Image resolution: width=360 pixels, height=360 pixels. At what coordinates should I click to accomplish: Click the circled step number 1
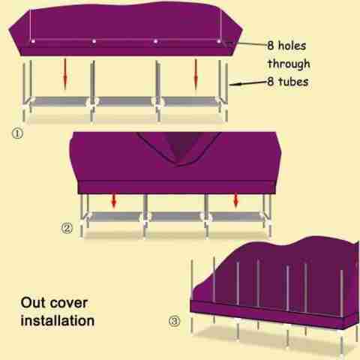(17, 133)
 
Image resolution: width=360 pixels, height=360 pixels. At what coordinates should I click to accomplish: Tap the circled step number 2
(67, 228)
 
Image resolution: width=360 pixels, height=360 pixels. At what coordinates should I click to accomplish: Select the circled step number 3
(174, 321)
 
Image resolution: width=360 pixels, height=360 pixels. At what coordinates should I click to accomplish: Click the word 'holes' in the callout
(292, 46)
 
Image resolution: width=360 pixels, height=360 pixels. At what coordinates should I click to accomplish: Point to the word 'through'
(289, 64)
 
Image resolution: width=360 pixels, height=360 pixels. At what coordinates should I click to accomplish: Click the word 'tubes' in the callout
(293, 82)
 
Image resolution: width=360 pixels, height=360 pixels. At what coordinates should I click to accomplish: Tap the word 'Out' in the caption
(31, 303)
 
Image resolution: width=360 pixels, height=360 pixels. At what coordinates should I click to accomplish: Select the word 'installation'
(58, 321)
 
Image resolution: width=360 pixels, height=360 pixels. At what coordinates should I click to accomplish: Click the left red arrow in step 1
(65, 74)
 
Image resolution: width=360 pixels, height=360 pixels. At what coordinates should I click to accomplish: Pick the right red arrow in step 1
(196, 74)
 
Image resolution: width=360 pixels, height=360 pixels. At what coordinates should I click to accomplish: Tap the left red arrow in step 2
(114, 201)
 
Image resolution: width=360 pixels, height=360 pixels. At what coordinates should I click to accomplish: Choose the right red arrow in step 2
(235, 201)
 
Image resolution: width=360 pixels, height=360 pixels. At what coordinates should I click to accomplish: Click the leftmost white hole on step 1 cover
(32, 41)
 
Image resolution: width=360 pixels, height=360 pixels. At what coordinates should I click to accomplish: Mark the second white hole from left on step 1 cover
(94, 41)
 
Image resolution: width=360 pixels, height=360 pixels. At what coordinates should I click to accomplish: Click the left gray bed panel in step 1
(60, 102)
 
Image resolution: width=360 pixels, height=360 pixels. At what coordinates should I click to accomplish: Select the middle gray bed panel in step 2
(175, 217)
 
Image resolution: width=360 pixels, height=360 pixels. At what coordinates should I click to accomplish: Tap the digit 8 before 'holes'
(271, 46)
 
